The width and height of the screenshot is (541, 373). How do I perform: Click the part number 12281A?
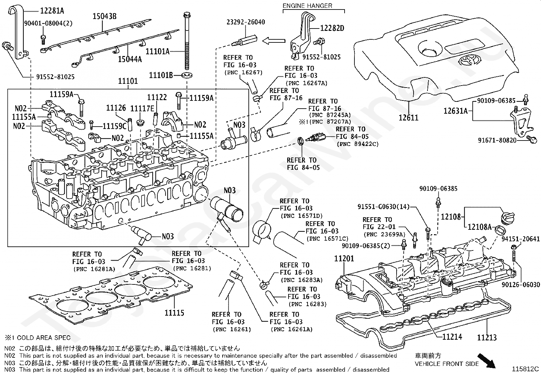click(52, 11)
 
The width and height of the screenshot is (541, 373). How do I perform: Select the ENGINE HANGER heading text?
click(308, 6)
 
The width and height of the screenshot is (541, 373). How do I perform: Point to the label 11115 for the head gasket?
click(174, 313)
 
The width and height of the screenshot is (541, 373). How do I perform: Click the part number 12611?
click(408, 117)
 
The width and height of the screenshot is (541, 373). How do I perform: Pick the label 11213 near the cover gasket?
click(487, 337)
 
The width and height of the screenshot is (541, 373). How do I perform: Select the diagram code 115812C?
click(526, 369)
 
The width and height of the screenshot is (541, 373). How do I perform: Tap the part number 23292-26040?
click(246, 22)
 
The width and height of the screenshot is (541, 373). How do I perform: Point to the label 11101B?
click(161, 75)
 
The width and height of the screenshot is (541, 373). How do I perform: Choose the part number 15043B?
click(105, 16)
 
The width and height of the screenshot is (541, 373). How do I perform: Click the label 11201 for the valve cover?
click(344, 258)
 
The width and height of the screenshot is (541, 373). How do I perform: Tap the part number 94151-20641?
click(520, 239)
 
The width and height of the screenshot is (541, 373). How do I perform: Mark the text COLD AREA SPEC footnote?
click(43, 338)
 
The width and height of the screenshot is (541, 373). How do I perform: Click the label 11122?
click(157, 97)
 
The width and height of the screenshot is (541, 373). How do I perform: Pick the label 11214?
click(452, 336)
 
